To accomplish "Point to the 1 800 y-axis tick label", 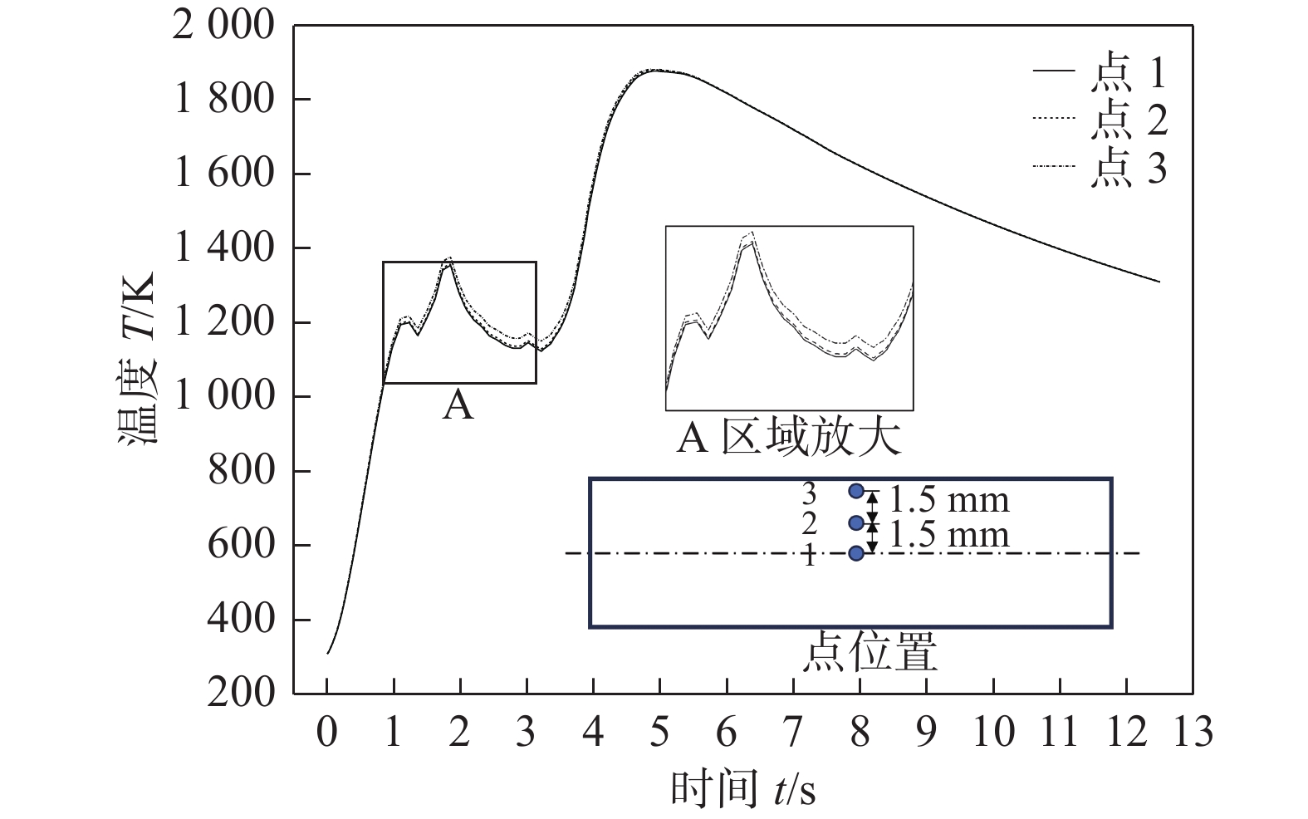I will (223, 100).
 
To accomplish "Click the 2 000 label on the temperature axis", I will (223, 26).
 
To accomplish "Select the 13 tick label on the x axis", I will (1193, 733).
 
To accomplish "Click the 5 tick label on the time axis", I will (659, 733).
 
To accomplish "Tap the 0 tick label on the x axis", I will (327, 733).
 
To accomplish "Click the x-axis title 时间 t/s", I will (742, 788).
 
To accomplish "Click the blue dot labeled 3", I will (856, 491).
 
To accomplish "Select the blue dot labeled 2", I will (856, 522).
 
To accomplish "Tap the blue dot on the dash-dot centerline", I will (856, 553).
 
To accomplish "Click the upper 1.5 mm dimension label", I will (948, 500).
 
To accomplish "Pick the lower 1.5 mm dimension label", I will (948, 534).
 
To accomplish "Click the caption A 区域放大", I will (788, 438).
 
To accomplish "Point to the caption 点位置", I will (870, 652).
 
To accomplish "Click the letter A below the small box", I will (458, 406).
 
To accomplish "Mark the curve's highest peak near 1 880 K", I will (658, 71).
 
